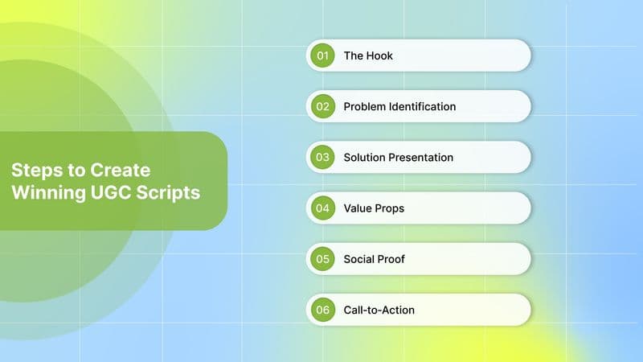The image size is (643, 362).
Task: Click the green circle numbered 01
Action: pyautogui.click(x=323, y=56)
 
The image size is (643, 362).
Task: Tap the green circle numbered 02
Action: pyautogui.click(x=323, y=106)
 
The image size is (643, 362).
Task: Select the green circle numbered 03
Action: pyautogui.click(x=323, y=157)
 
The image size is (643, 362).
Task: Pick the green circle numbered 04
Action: pyautogui.click(x=323, y=208)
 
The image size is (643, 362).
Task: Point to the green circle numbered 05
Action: pyautogui.click(x=323, y=258)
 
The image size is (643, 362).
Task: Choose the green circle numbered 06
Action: pyautogui.click(x=323, y=309)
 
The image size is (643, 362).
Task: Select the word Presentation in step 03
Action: pyautogui.click(x=421, y=157)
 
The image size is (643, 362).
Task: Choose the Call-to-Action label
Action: pyautogui.click(x=379, y=309)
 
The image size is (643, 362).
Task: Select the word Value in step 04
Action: pyautogui.click(x=358, y=208)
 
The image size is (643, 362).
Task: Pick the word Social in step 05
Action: pyautogui.click(x=359, y=258)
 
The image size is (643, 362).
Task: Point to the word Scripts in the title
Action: pyautogui.click(x=166, y=194)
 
